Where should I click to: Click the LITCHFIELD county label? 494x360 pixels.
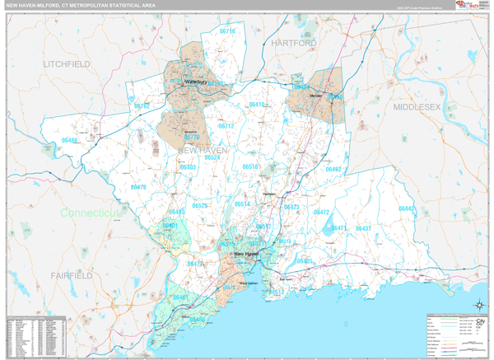[x=67, y=63]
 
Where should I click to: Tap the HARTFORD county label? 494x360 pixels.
[x=293, y=42]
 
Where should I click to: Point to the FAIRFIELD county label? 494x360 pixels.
[x=72, y=274]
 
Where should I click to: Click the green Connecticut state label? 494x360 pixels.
[x=91, y=213]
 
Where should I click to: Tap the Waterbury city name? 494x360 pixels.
[x=195, y=82]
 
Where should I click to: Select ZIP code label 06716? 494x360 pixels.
[x=227, y=31]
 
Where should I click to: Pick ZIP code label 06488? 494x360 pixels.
[x=69, y=141]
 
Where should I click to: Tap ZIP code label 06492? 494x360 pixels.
[x=333, y=169]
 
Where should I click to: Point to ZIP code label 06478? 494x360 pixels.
[x=138, y=187]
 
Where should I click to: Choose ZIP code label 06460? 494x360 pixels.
[x=198, y=319]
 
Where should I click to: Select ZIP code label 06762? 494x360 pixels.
[x=142, y=106]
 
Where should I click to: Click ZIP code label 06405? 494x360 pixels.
[x=305, y=261]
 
